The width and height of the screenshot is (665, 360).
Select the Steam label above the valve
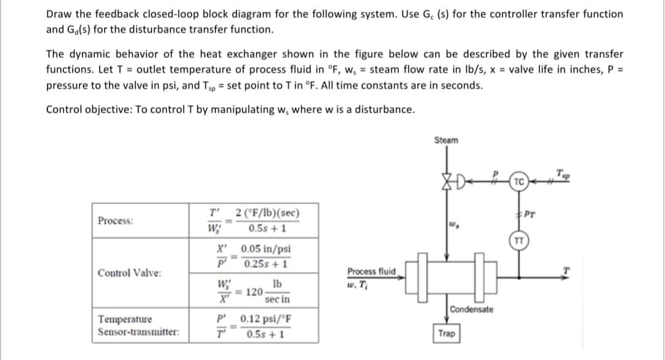446,140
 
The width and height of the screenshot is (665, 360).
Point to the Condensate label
471,309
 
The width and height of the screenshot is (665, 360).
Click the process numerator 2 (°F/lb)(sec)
267,215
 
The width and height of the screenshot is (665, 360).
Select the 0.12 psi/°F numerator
266,319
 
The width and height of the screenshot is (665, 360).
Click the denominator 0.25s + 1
266,263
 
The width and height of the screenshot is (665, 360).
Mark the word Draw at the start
59,14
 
